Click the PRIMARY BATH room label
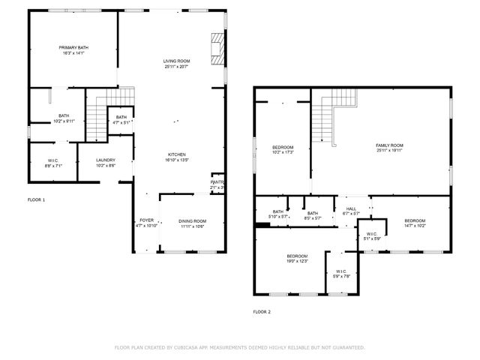[73, 48]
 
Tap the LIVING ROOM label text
[176, 61]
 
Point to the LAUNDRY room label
[105, 160]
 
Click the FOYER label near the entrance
[146, 220]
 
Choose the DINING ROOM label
[192, 220]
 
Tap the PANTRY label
[217, 182]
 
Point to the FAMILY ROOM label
[389, 145]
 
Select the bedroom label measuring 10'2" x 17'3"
[283, 147]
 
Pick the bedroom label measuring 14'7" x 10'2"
[415, 220]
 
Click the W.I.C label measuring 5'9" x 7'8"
[341, 271]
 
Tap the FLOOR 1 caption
[36, 200]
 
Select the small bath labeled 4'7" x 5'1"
[121, 118]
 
